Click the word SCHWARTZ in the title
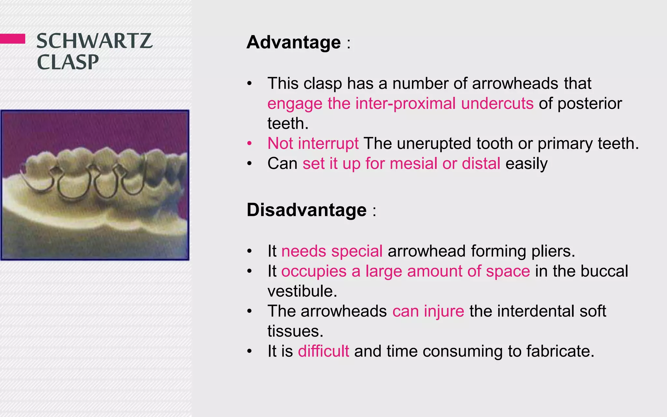(94, 41)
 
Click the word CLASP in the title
(68, 62)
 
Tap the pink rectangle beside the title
(12, 38)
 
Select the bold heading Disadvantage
(306, 210)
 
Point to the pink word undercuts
(497, 104)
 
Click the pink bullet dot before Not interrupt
(249, 143)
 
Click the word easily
(526, 164)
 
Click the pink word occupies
(314, 271)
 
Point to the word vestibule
(302, 291)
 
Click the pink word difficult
(323, 351)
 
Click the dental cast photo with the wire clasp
(95, 185)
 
